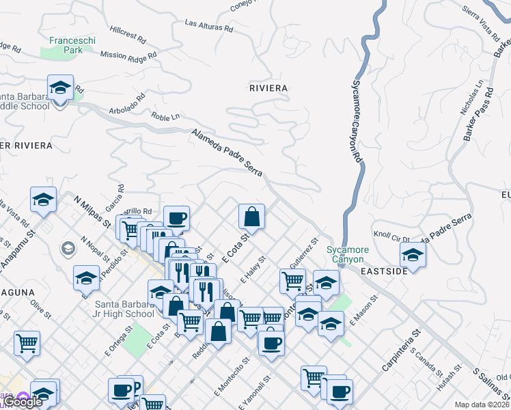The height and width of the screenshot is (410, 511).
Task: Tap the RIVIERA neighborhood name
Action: [268, 88]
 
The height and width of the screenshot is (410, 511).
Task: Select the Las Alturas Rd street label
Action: [209, 26]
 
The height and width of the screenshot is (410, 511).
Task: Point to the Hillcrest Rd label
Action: [128, 36]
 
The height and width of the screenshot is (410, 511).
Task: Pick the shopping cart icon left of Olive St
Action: [27, 343]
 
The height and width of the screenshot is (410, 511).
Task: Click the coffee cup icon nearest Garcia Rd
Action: [177, 218]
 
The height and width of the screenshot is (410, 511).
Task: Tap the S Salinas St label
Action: [491, 385]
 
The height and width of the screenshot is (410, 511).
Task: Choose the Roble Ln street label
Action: [165, 117]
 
